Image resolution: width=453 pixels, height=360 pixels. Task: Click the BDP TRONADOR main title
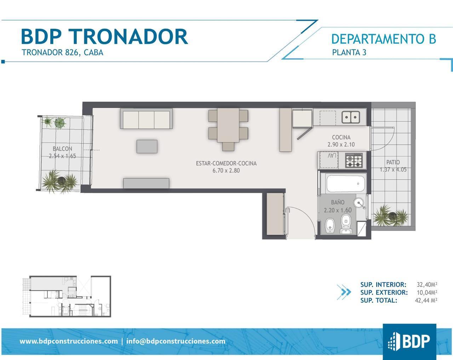[104, 37]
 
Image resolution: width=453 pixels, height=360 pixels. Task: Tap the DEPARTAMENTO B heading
[384, 39]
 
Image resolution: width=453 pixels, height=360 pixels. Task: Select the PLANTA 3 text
[349, 52]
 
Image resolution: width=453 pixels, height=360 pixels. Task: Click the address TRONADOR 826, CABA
[63, 52]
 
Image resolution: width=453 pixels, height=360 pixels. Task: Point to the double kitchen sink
[351, 117]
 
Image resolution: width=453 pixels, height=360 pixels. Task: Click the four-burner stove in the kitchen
[354, 160]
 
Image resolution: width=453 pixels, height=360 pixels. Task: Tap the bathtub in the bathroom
[345, 184]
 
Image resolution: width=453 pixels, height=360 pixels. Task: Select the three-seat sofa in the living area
[146, 118]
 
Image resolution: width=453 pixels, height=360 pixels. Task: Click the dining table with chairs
[228, 129]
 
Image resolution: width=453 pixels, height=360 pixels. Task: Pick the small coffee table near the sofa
[147, 146]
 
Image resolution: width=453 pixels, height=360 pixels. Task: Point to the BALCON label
[62, 149]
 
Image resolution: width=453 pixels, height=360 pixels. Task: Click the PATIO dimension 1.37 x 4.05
[393, 170]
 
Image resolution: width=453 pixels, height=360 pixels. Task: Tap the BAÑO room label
[338, 202]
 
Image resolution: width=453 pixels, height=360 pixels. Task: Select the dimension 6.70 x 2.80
[226, 170]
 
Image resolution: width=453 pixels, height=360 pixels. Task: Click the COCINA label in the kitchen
[341, 138]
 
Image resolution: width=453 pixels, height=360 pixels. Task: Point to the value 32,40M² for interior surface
[427, 284]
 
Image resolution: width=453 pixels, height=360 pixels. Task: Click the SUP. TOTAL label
[379, 301]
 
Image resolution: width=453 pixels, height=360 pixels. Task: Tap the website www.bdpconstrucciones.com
[69, 341]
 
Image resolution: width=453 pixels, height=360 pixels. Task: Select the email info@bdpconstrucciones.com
[176, 341]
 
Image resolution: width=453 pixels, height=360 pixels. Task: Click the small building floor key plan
[67, 296]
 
